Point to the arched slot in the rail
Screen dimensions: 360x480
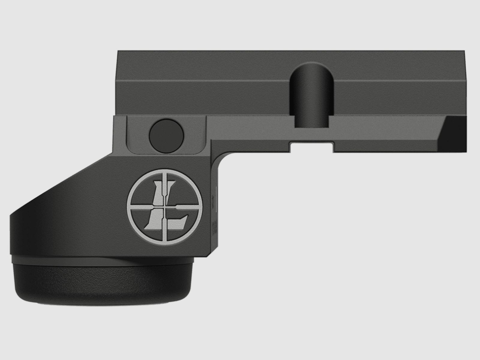click(311, 96)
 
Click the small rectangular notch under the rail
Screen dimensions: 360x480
click(311, 147)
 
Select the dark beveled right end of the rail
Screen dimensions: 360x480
click(454, 132)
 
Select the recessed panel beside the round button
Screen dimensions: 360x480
click(192, 135)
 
